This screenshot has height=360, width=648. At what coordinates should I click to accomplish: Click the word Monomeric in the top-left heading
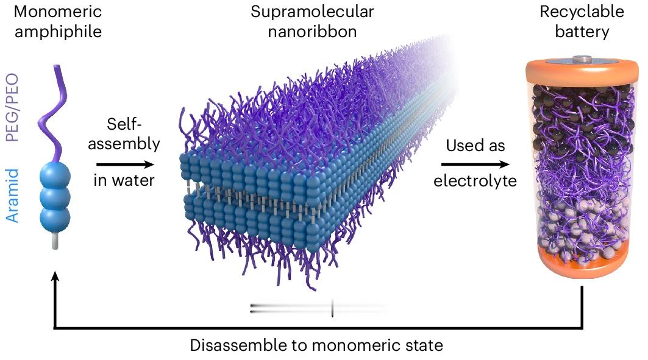(x=58, y=12)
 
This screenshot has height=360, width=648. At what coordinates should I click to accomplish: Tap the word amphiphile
(x=59, y=32)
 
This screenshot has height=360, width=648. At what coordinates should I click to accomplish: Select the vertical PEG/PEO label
(x=12, y=108)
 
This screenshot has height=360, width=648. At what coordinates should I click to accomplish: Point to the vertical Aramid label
(x=12, y=196)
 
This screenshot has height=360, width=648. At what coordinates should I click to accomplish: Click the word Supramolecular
(x=312, y=12)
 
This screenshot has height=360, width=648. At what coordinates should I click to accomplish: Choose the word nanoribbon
(x=313, y=32)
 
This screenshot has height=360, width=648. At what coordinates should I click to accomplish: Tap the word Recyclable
(x=582, y=12)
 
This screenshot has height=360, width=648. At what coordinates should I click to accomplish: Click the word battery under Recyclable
(x=582, y=32)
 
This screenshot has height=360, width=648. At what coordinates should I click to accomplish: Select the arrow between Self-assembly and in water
(x=125, y=164)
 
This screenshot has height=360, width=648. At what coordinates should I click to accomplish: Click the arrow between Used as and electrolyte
(x=475, y=164)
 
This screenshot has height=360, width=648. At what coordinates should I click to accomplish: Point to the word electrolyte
(x=475, y=181)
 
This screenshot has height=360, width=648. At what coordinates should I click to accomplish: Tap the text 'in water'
(x=124, y=180)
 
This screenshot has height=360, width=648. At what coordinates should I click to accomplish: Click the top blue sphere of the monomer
(x=55, y=177)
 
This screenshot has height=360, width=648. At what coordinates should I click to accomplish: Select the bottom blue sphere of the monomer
(x=55, y=219)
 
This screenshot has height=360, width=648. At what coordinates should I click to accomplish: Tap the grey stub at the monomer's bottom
(x=55, y=241)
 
